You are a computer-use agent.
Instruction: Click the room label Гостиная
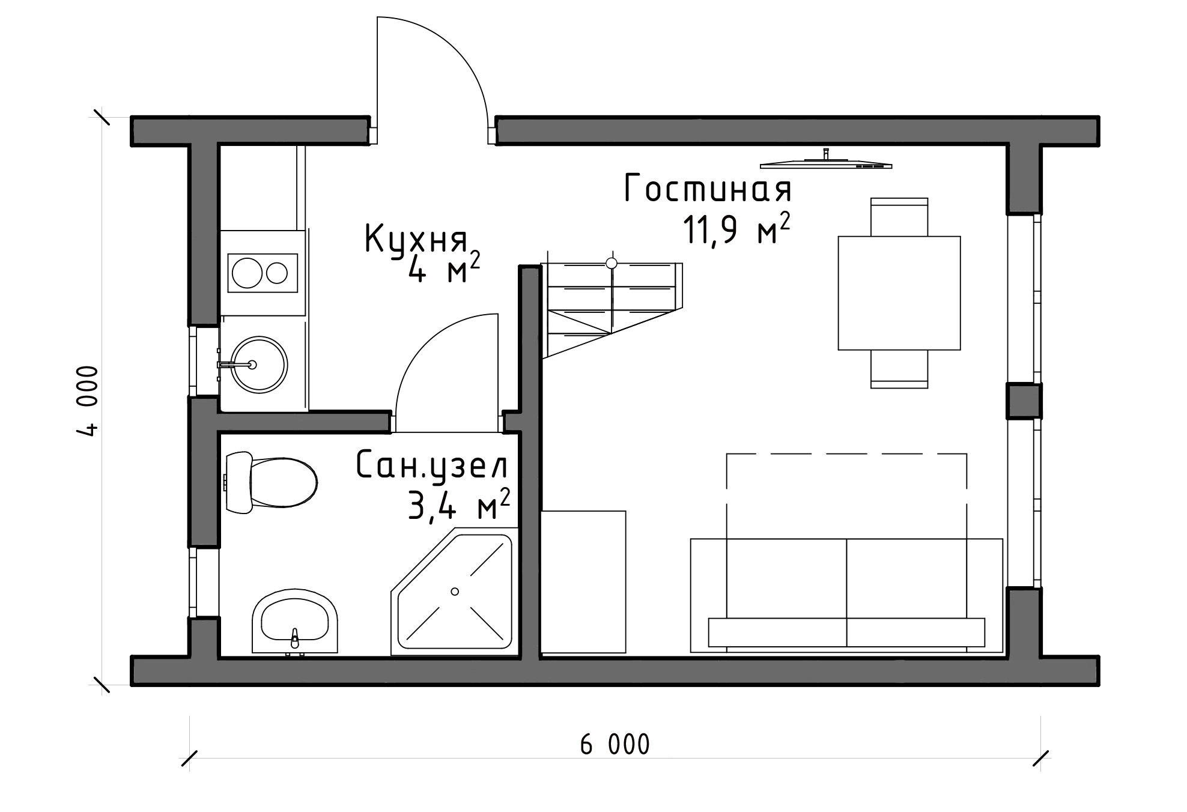click(x=708, y=189)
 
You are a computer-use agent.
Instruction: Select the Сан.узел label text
click(x=432, y=466)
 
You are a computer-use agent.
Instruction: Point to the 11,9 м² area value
click(x=736, y=230)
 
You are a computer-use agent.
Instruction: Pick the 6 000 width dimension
click(x=615, y=745)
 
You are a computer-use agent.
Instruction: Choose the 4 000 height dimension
click(x=88, y=401)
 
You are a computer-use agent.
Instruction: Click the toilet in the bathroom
click(x=270, y=483)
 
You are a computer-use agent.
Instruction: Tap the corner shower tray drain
click(x=455, y=592)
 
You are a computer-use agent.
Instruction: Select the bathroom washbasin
click(x=294, y=622)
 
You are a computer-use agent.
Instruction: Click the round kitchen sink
click(x=260, y=365)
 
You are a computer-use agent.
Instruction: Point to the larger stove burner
click(x=247, y=273)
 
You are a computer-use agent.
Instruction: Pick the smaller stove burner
click(x=277, y=273)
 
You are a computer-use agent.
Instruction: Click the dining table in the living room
click(x=899, y=293)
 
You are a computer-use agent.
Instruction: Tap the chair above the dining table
click(x=899, y=217)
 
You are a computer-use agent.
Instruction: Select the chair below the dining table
click(x=899, y=369)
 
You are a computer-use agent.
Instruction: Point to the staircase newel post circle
click(x=612, y=263)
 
